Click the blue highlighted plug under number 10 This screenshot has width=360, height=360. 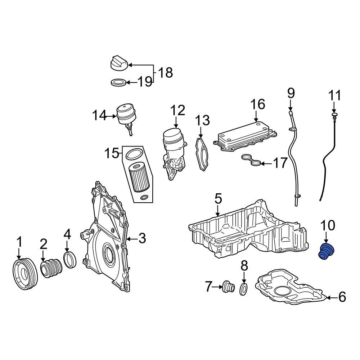click(326, 252)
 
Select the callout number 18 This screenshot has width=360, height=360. click(165, 73)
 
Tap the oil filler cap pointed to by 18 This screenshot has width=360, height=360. click(119, 64)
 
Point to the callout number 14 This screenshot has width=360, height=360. click(99, 116)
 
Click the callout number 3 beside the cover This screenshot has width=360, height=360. click(142, 238)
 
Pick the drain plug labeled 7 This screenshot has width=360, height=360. click(228, 287)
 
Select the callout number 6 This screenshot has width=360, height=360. click(342, 297)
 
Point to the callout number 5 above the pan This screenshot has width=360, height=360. click(218, 198)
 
